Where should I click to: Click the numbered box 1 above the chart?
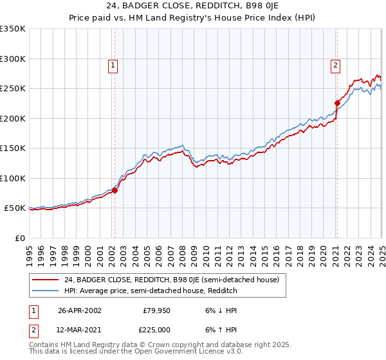coord(113,64)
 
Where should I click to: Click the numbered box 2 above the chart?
coord(336,64)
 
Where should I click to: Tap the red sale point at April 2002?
coord(115,190)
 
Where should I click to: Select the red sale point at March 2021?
coord(337,103)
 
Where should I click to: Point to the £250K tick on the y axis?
coord(13,89)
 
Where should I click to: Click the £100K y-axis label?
coord(13,178)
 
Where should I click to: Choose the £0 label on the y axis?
coord(19,238)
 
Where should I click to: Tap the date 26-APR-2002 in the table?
coord(80,310)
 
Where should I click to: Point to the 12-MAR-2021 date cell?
coord(80,330)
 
